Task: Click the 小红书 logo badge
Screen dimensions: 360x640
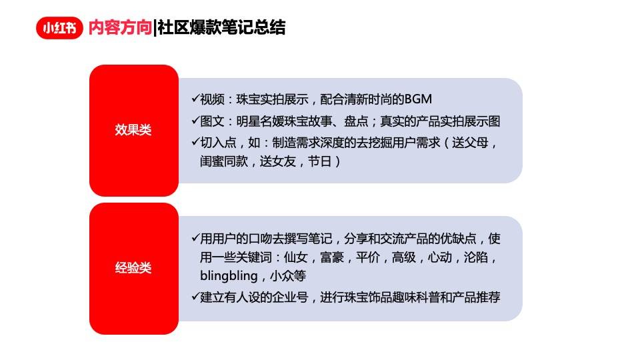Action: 59,28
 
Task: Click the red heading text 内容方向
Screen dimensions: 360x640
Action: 119,28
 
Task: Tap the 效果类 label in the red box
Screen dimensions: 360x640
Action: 133,130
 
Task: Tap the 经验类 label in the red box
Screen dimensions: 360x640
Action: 133,268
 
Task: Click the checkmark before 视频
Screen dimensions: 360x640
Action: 195,99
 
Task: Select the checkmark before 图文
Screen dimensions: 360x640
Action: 195,121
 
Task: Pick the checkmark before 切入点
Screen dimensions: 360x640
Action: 195,142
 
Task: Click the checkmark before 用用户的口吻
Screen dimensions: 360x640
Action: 195,238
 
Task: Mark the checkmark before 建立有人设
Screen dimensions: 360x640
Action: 195,297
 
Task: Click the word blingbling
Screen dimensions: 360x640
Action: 229,276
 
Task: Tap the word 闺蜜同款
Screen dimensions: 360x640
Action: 224,162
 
